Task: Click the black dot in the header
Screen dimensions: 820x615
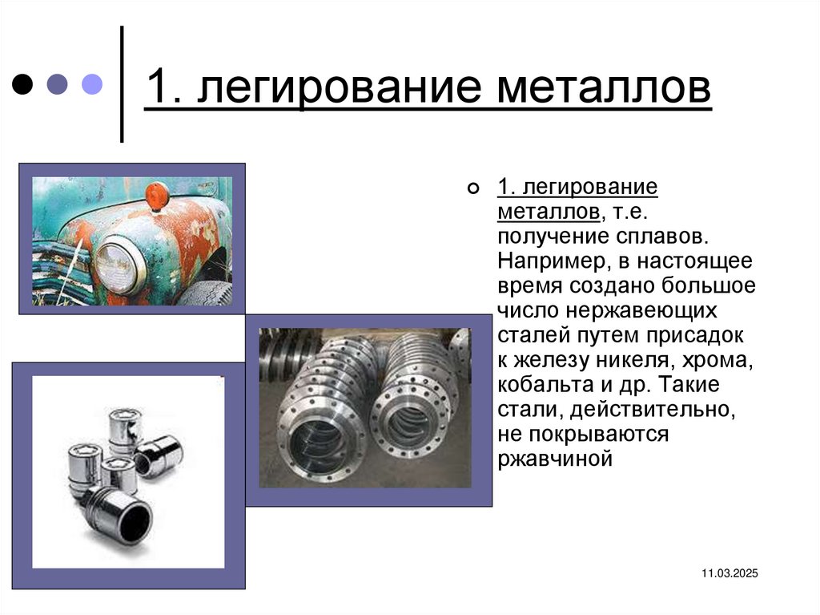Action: point(22,84)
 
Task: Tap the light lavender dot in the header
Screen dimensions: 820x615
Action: point(92,84)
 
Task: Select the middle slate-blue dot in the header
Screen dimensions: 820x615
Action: point(57,84)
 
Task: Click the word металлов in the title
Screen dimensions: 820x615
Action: point(604,86)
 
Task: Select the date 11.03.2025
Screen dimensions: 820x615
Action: point(730,573)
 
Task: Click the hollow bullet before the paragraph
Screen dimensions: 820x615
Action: point(472,188)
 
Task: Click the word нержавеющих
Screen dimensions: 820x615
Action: point(641,310)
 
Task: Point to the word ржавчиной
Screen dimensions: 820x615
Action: point(555,459)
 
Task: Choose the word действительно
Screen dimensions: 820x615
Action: point(653,410)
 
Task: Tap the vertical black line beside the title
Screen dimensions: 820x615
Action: point(122,84)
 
